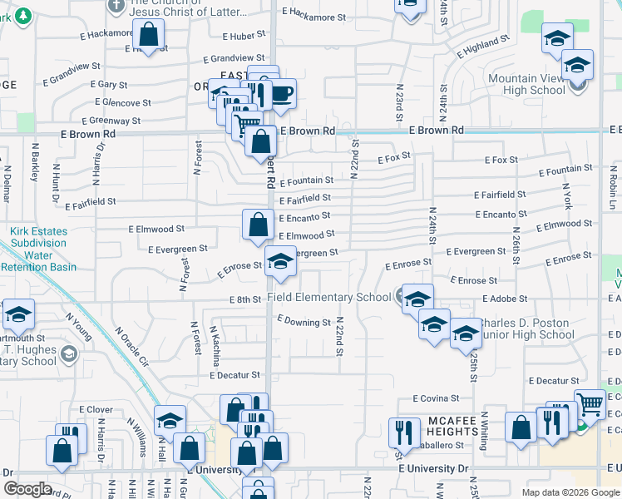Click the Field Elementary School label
(329, 297)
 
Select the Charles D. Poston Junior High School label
(516, 329)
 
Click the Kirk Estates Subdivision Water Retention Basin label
(39, 250)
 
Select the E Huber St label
(244, 36)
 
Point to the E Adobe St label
(504, 299)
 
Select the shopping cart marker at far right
(590, 404)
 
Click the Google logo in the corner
(27, 489)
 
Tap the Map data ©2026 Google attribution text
(570, 492)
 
